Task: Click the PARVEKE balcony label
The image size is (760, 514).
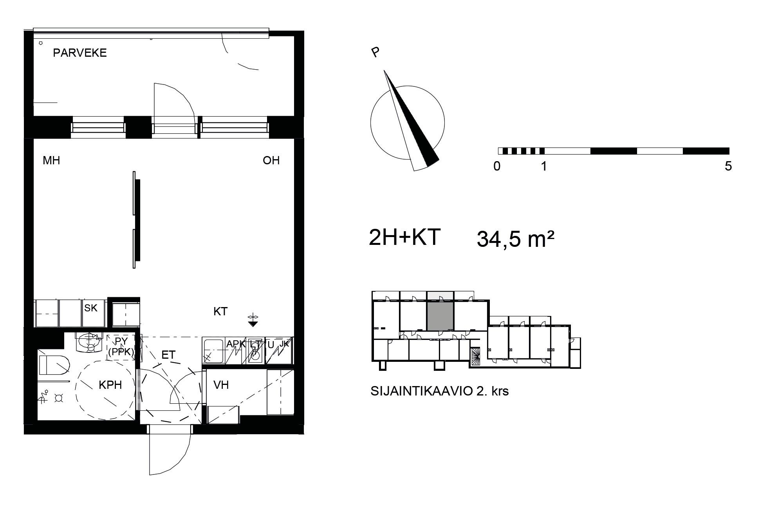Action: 80,53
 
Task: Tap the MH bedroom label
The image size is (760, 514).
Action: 51,160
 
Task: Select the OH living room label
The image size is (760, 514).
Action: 271,160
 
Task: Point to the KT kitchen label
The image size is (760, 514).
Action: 220,311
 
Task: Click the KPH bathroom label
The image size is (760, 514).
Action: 110,385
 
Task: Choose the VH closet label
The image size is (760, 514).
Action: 221,385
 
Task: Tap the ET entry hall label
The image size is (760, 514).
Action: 168,355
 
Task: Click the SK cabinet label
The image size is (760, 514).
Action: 91,308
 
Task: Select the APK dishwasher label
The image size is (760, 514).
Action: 235,344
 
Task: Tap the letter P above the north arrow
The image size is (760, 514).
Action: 375,52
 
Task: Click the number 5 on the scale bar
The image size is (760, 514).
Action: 728,166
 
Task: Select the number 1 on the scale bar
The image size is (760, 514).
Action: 543,166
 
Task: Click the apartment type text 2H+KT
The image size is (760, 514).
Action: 405,237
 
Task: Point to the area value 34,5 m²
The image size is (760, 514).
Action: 515,239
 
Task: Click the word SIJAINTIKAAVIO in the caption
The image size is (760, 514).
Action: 421,391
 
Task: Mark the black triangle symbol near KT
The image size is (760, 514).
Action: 253,324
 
